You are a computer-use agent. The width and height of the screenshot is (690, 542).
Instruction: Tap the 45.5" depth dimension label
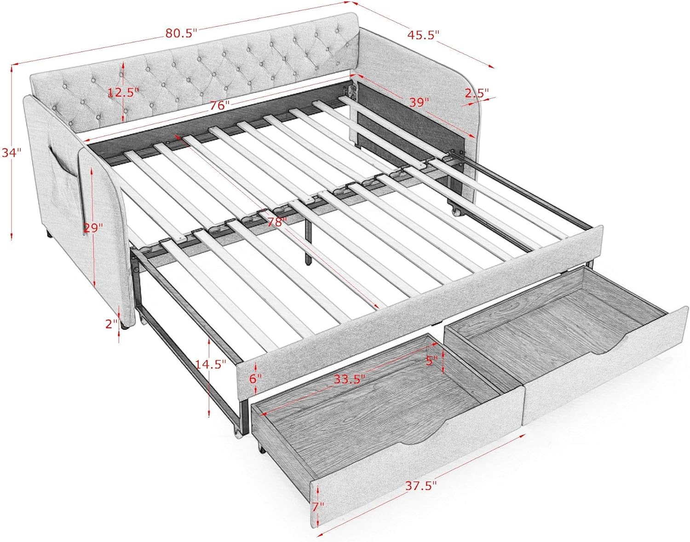[423, 35]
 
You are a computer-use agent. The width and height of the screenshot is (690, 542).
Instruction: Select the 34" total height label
[11, 153]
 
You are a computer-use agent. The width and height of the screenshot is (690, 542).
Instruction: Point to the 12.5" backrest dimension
[123, 92]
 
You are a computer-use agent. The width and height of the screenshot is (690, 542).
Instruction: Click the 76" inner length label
[220, 105]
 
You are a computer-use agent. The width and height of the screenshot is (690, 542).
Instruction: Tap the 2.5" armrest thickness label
[476, 93]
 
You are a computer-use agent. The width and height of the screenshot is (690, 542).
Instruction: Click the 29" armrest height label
[93, 227]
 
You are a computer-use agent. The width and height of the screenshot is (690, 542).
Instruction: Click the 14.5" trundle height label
[211, 364]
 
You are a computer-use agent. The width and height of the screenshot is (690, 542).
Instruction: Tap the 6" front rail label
[255, 378]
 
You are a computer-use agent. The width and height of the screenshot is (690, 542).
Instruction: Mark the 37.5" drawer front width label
[421, 485]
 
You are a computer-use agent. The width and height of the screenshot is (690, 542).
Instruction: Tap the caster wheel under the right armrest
[457, 212]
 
